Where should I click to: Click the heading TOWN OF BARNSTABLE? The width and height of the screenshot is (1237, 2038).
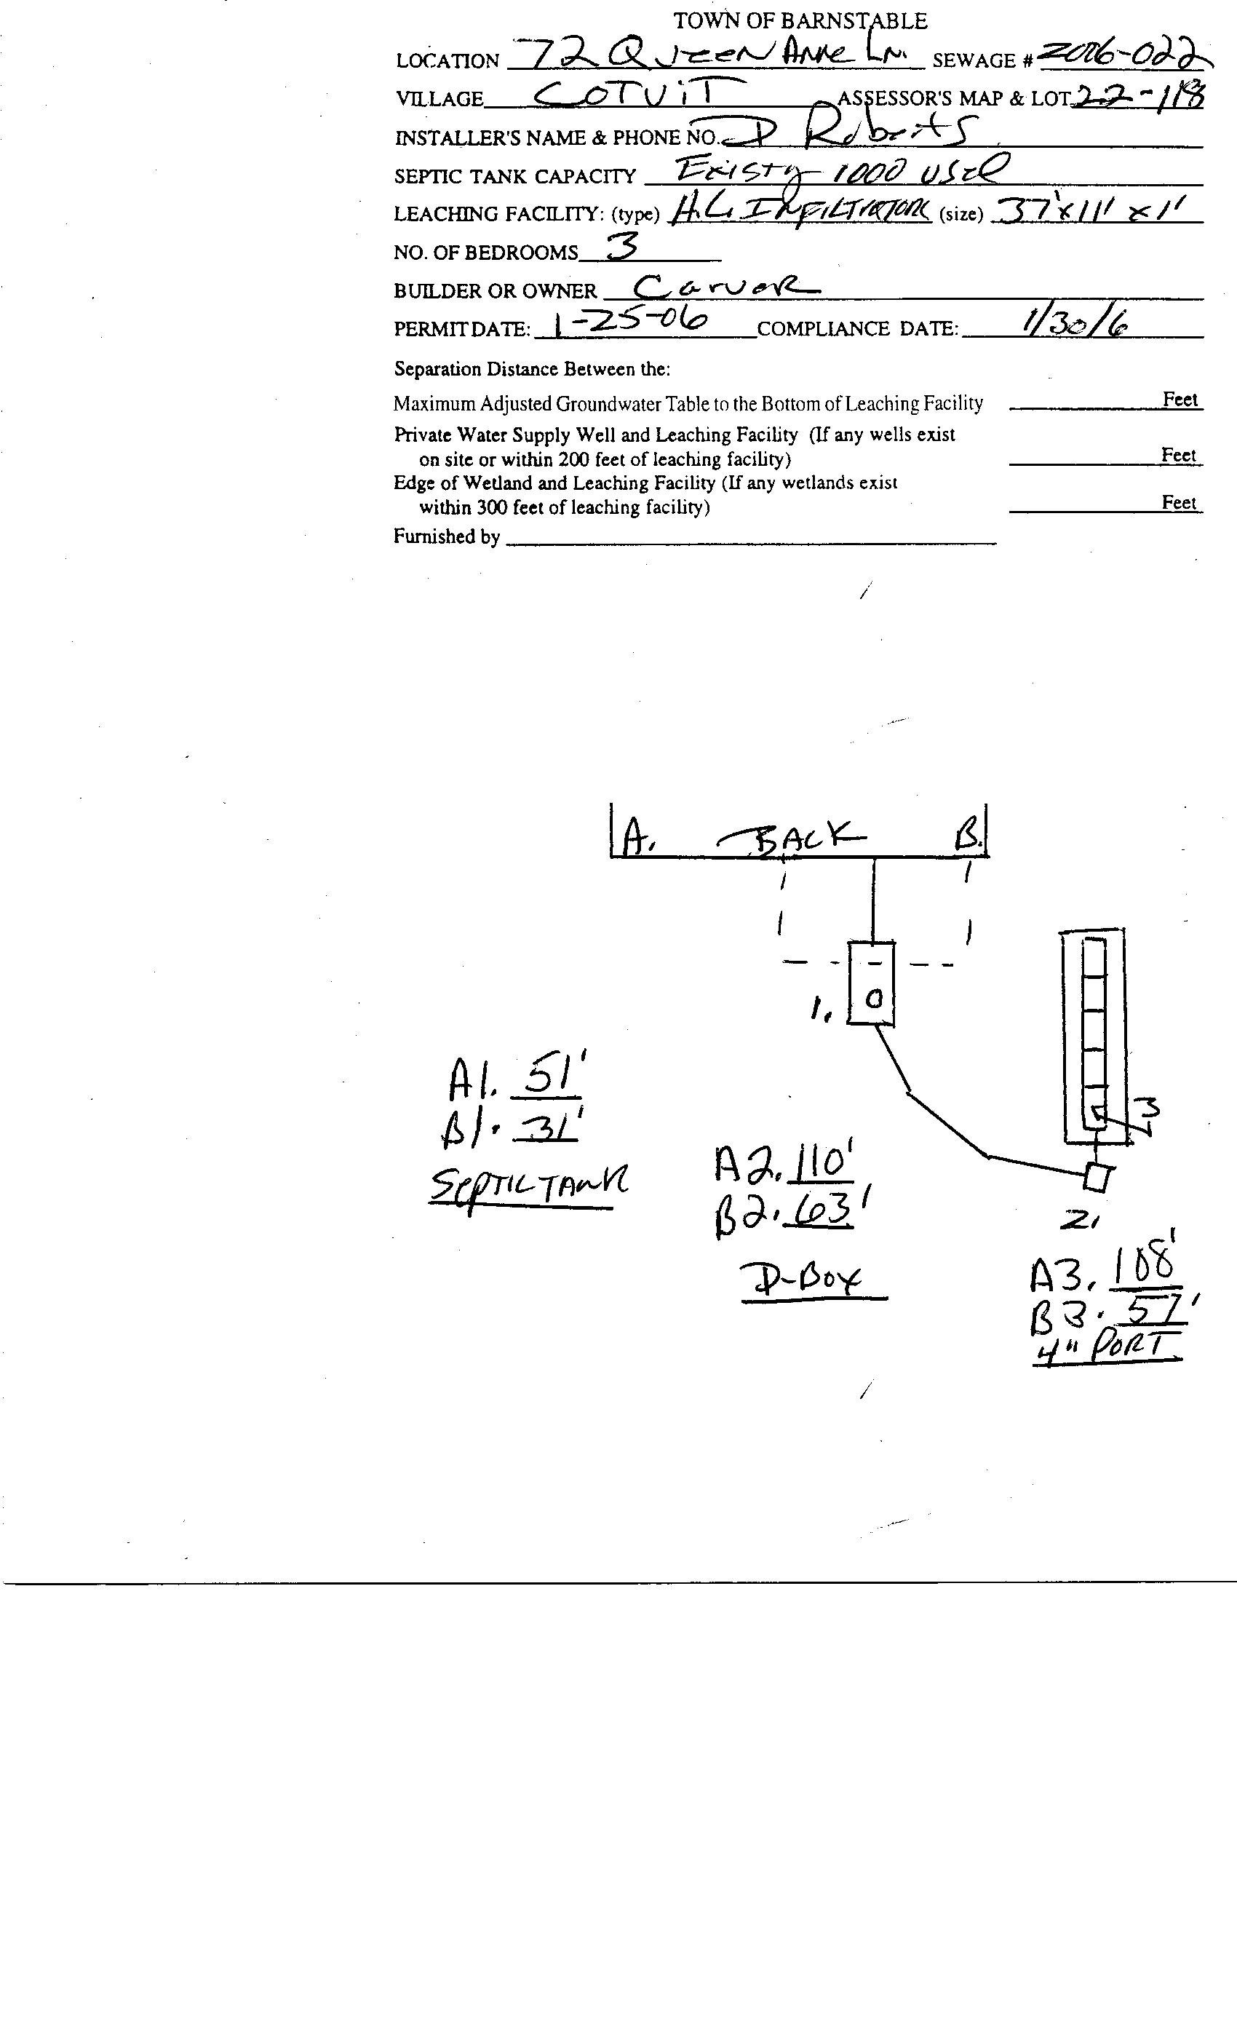click(x=800, y=20)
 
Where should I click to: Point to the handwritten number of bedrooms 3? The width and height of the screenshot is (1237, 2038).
click(x=623, y=246)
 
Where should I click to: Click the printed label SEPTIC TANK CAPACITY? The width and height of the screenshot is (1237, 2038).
click(x=514, y=177)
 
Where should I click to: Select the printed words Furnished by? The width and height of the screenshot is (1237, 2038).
click(x=447, y=537)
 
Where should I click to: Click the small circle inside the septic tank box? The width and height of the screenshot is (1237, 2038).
click(x=873, y=999)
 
